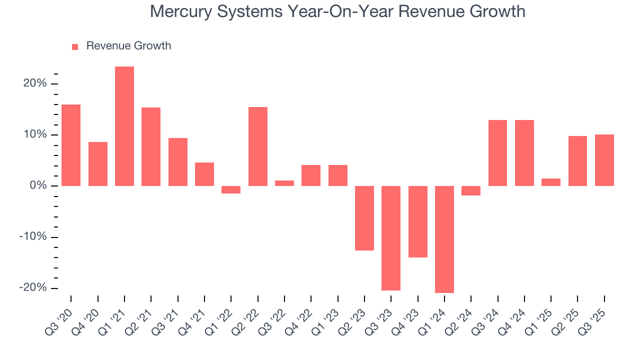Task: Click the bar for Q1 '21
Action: [124, 126]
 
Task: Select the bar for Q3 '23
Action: [391, 238]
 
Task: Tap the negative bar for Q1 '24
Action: [444, 239]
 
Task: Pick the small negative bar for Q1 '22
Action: [231, 189]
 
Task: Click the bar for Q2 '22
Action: [258, 146]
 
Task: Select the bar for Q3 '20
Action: [71, 145]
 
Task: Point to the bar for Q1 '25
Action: [551, 182]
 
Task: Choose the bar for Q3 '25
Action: [604, 160]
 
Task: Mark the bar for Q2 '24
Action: [471, 190]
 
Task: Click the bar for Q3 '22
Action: [284, 183]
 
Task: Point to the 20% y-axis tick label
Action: [35, 83]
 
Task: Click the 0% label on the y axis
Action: [38, 186]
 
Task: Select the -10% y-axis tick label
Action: [33, 237]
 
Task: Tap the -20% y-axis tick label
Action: [33, 288]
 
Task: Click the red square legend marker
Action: [75, 46]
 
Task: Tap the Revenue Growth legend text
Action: [128, 46]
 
